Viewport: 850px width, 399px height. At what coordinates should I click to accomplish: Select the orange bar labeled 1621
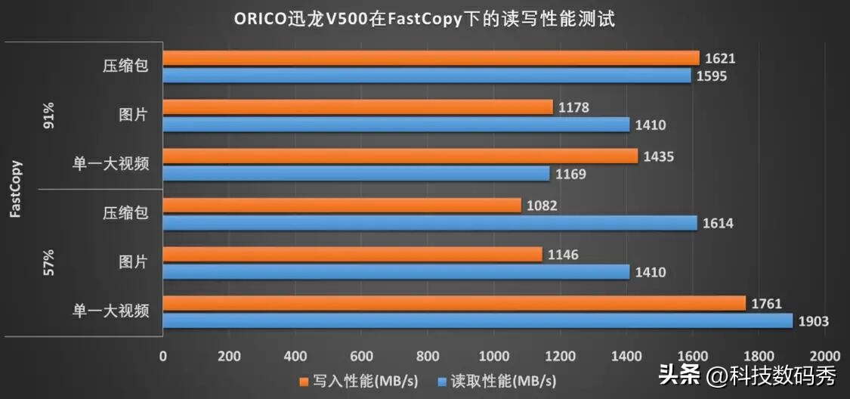(431, 58)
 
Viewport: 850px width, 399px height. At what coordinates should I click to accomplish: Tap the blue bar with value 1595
(427, 76)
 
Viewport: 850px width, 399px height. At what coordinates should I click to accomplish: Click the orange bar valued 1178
(358, 107)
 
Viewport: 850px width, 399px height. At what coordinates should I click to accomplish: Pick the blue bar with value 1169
(357, 174)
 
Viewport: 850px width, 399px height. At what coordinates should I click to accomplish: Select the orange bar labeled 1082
(342, 206)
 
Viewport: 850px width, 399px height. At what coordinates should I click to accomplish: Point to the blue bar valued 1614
(430, 223)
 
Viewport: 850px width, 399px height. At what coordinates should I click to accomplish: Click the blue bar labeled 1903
(478, 321)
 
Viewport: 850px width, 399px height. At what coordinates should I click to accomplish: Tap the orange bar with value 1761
(454, 304)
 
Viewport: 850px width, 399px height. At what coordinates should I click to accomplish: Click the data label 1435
(658, 156)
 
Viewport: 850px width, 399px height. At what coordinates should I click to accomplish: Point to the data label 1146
(563, 255)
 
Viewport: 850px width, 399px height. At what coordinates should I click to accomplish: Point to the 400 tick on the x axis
(295, 356)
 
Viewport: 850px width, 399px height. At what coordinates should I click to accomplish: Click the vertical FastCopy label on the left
(16, 189)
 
